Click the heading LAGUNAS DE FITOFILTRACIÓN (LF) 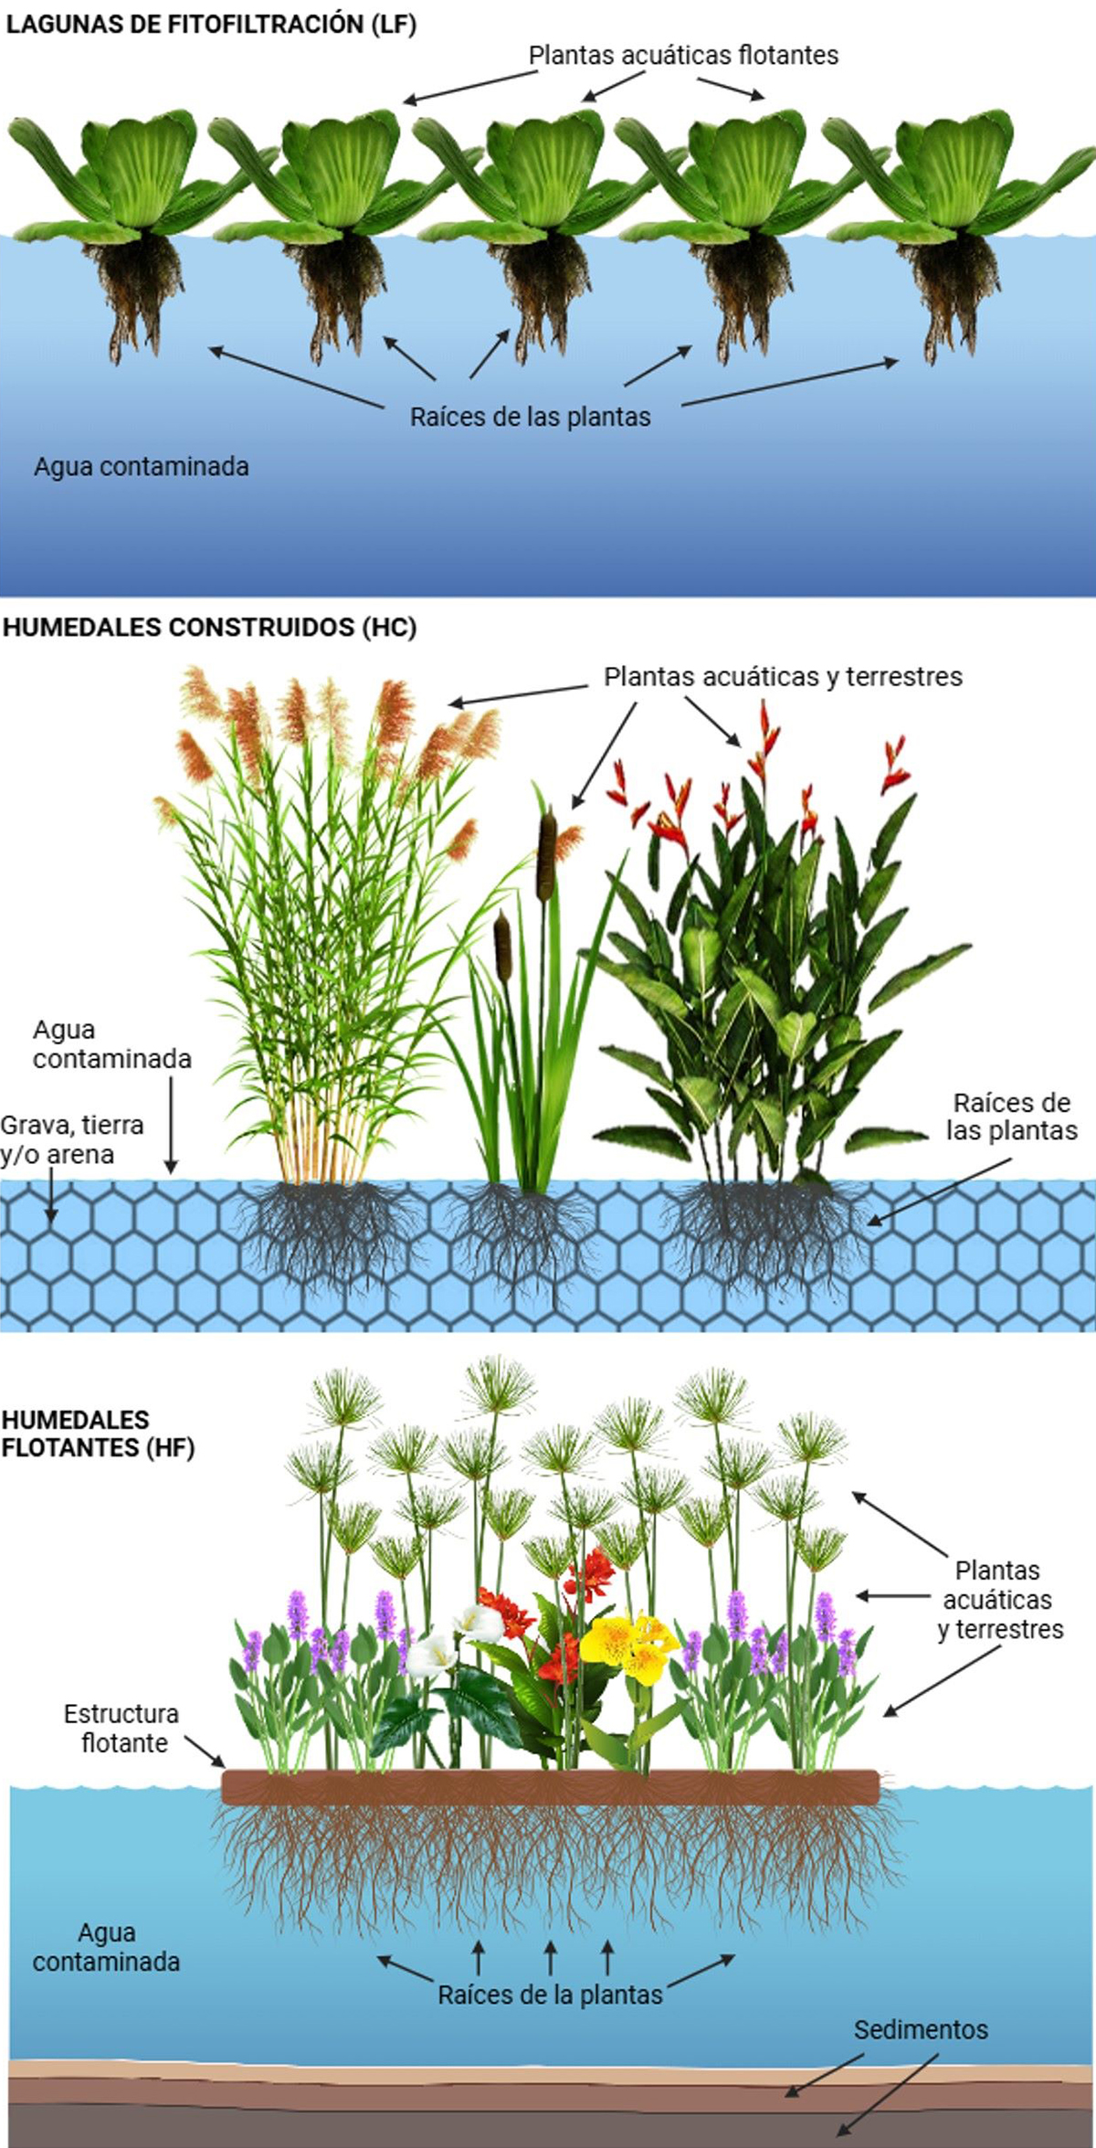(211, 25)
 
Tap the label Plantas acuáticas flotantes (683, 56)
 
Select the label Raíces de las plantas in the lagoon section (530, 418)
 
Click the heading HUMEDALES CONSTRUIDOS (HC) (209, 628)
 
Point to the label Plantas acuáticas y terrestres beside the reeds (783, 677)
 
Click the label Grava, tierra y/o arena (71, 1139)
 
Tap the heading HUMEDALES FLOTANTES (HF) (97, 1434)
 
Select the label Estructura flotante (122, 1728)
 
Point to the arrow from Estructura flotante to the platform (205, 1752)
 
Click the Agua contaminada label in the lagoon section (142, 467)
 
